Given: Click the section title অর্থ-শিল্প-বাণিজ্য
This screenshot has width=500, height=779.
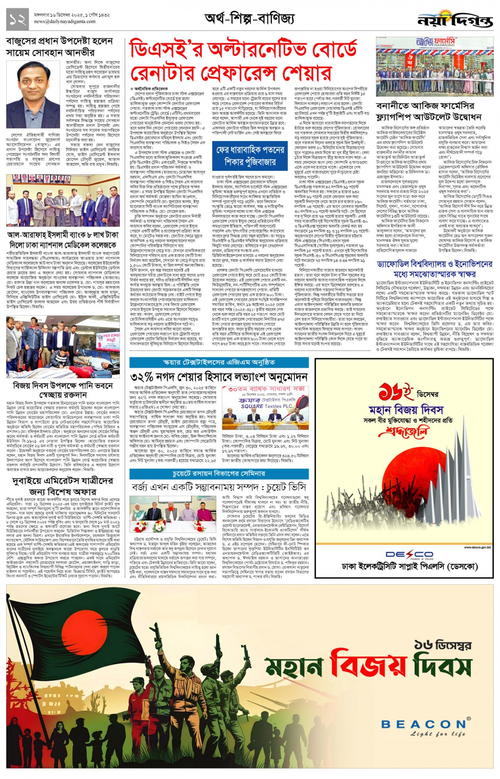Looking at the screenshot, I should click(250, 19).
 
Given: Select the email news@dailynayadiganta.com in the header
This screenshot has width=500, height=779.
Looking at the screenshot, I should click(65, 22).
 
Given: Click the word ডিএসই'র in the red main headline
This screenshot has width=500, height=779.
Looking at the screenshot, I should click(167, 49).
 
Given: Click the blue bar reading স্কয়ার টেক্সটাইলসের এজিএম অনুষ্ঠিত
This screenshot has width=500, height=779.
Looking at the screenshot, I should click(219, 362).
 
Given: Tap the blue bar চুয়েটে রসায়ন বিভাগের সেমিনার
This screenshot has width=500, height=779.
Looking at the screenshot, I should click(219, 474).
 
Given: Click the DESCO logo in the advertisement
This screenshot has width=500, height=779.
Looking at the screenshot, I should click(409, 554).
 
